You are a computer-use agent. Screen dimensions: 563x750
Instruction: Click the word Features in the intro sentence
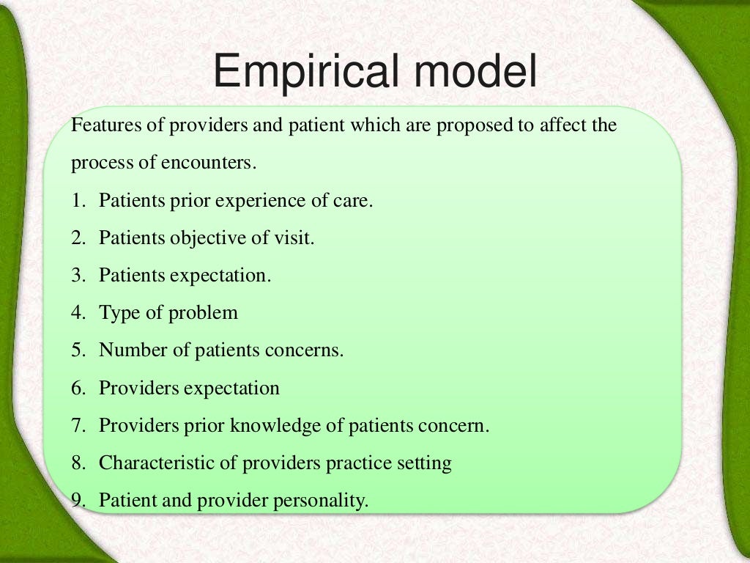[x=103, y=125]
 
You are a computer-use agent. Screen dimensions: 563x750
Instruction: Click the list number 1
[x=77, y=200]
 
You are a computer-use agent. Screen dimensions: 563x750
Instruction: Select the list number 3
[x=77, y=275]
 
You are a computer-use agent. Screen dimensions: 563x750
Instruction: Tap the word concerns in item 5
[x=308, y=350]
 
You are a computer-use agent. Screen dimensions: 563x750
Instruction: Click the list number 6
[x=77, y=388]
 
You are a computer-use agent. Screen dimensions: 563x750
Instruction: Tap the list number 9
[x=77, y=501]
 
